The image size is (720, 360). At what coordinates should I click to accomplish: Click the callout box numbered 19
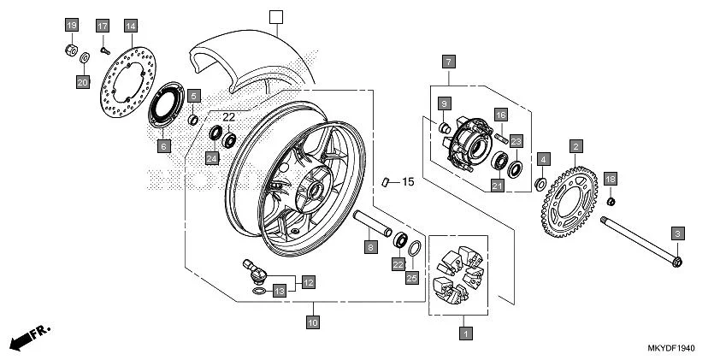(72, 25)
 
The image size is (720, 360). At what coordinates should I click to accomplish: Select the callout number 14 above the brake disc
(130, 27)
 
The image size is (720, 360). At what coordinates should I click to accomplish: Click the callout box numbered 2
(577, 146)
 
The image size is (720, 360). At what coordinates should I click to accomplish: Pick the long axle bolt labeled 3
(637, 242)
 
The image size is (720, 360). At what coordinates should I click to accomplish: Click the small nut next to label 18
(611, 202)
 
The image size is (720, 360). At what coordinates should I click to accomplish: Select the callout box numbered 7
(449, 61)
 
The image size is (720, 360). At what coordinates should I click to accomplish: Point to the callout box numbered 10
(313, 322)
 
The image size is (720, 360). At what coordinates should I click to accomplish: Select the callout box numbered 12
(307, 280)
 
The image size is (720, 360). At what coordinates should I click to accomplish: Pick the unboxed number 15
(408, 182)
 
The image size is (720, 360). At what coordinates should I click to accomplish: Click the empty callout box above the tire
(274, 16)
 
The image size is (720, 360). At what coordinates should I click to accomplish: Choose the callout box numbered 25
(411, 279)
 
